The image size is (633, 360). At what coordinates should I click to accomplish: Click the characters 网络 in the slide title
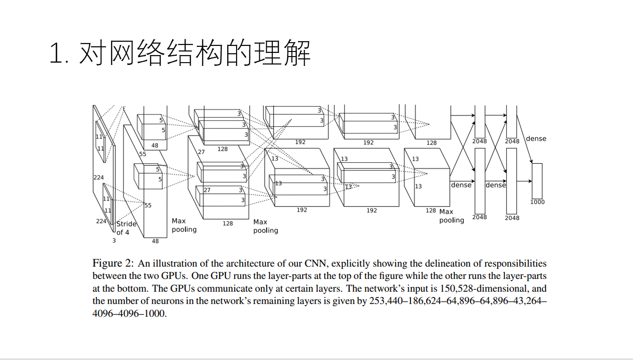click(136, 54)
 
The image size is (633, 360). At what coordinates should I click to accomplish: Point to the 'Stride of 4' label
click(126, 228)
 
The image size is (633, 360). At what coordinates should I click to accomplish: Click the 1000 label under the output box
click(537, 202)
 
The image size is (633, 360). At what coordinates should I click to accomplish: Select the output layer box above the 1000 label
click(537, 181)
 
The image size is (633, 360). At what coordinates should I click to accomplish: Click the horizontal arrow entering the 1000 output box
click(524, 181)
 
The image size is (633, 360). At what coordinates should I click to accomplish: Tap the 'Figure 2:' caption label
click(114, 264)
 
